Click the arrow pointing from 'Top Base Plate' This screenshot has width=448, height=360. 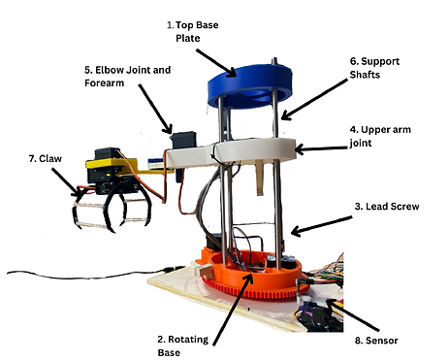click(x=219, y=58)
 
